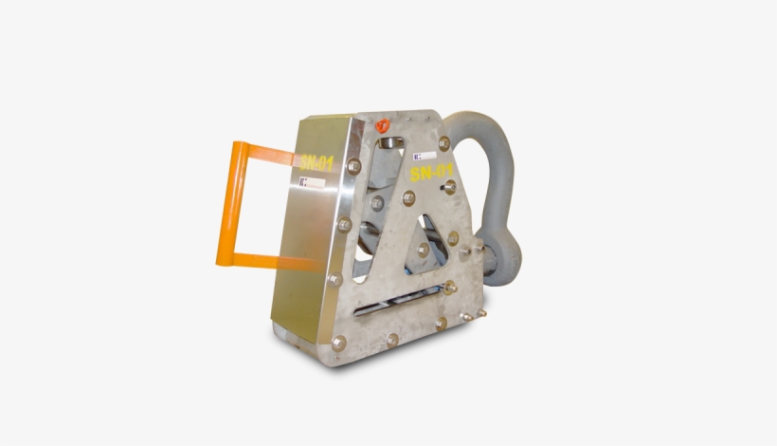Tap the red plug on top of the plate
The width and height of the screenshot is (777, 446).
point(383,123)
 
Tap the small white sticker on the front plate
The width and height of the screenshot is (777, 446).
point(424,152)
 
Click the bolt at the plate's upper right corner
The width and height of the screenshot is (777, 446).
point(444,141)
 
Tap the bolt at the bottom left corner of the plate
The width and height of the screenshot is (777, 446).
point(338,343)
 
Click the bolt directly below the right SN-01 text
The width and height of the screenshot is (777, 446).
point(450,187)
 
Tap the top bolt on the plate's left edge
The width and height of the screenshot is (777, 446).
point(354,166)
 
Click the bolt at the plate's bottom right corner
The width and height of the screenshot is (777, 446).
point(441,324)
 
